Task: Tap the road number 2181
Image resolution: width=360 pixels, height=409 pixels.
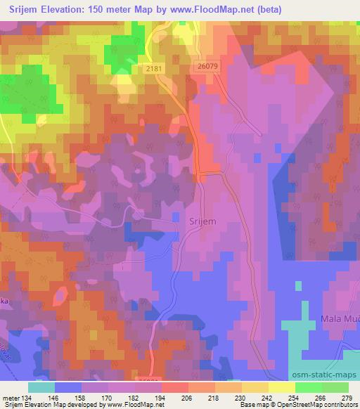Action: (x=157, y=68)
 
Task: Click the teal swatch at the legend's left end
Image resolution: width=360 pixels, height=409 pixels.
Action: (x=41, y=387)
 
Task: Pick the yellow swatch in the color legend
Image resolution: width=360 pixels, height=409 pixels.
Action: (x=281, y=387)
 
